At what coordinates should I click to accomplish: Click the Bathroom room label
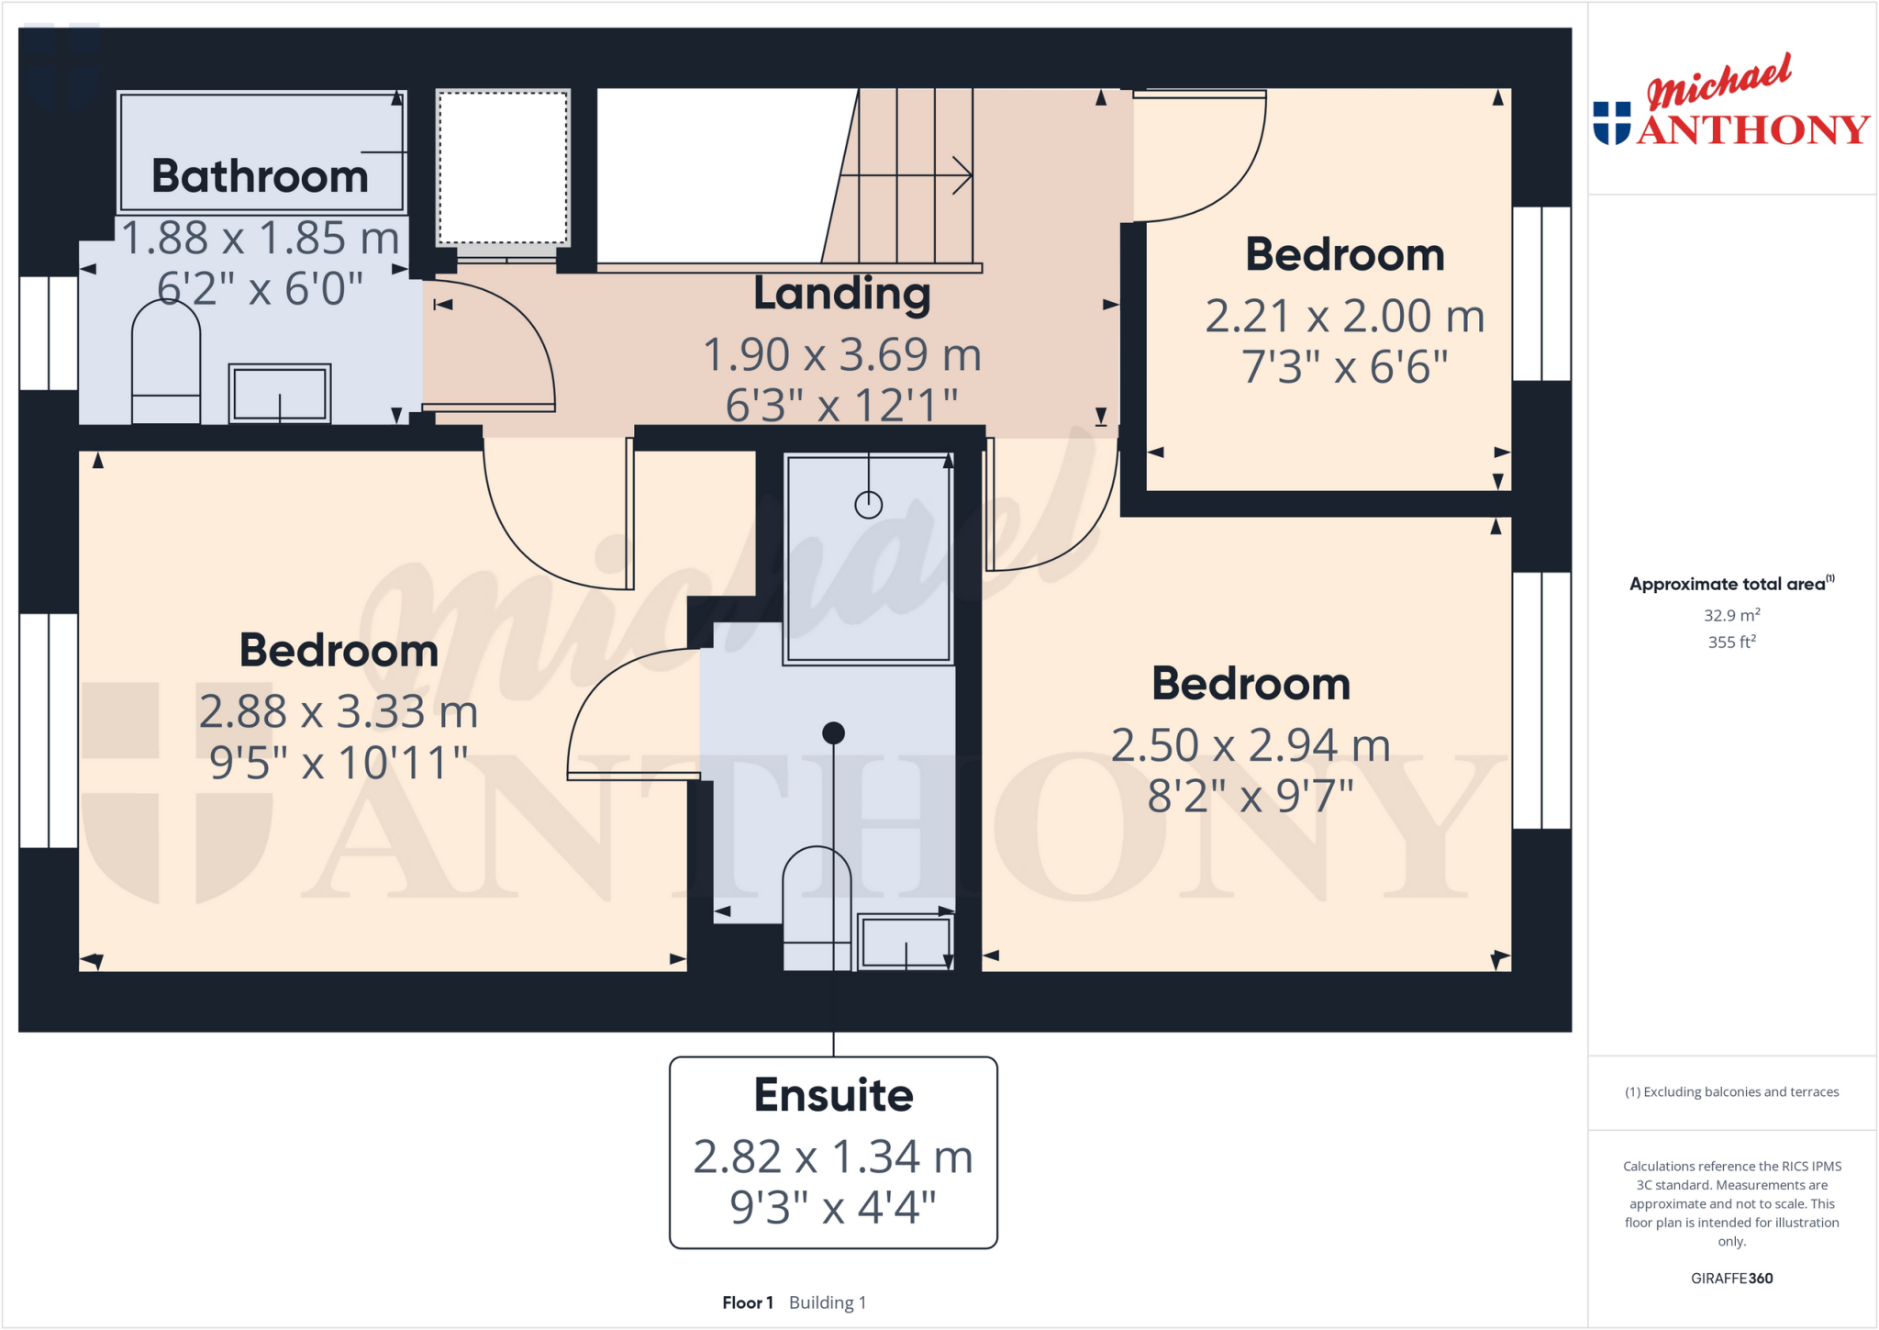[260, 175]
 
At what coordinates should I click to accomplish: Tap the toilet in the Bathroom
[166, 363]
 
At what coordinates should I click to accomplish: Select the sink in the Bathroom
[280, 394]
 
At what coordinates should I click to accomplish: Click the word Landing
[841, 294]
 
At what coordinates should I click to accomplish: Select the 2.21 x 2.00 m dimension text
[1344, 317]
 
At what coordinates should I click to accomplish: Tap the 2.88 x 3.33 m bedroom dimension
[339, 712]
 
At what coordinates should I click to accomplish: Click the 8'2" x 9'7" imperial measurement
[1250, 797]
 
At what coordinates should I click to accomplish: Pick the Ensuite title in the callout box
[833, 1095]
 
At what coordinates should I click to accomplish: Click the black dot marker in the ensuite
[833, 732]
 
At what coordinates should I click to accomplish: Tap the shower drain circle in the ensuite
[868, 504]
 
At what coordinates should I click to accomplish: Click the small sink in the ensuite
[906, 941]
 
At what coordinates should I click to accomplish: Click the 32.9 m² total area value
[1731, 615]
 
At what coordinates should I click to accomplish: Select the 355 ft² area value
[1731, 643]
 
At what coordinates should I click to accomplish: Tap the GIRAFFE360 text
[1731, 1278]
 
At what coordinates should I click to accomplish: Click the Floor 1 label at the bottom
[747, 1302]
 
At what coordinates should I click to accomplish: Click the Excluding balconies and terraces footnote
[1731, 1092]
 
